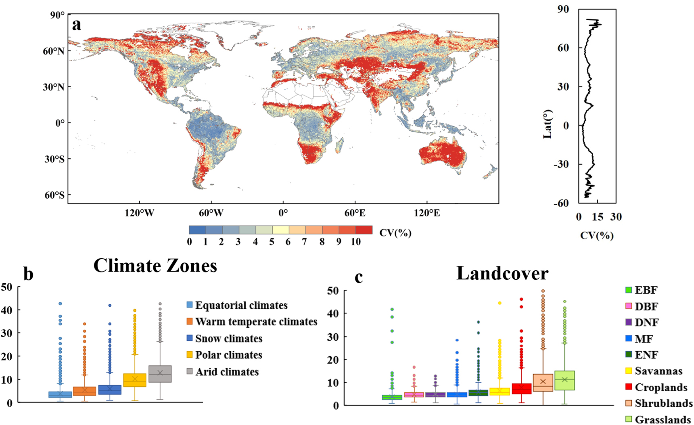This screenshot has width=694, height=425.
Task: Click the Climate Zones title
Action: coord(155,266)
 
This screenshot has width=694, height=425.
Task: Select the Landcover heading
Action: coord(502,273)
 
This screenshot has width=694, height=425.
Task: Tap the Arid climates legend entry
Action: coord(227,372)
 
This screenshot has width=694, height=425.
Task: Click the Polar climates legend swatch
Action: coord(189,355)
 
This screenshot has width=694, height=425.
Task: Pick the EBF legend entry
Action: coord(646,290)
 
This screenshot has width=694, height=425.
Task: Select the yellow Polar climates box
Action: coord(135,380)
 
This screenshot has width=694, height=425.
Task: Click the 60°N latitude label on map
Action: coord(53,51)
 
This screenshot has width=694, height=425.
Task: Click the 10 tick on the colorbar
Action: coord(355,242)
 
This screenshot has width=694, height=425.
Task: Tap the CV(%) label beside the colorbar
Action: coord(395,232)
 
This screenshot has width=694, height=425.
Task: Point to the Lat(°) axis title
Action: coord(548,124)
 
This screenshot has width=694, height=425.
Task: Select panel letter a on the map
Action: coord(76,25)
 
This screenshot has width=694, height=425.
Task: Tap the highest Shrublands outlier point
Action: coord(543,291)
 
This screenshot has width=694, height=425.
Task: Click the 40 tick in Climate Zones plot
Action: coord(7,310)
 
